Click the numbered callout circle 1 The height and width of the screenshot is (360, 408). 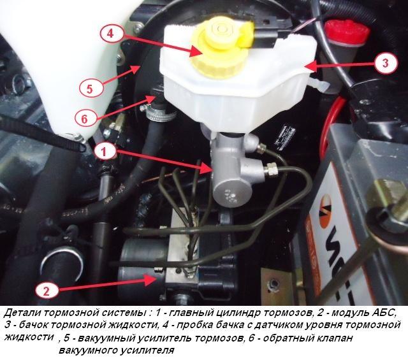coord(103,152)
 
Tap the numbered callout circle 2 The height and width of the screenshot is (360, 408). coord(46,291)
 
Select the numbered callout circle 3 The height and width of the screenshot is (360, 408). coord(385,63)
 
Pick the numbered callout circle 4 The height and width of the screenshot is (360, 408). coord(110,34)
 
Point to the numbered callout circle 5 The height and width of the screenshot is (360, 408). coord(89,89)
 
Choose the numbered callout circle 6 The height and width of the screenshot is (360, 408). coord(85,119)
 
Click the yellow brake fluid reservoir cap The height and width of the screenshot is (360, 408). coord(217,45)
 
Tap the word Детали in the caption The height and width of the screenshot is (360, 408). coord(21,313)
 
